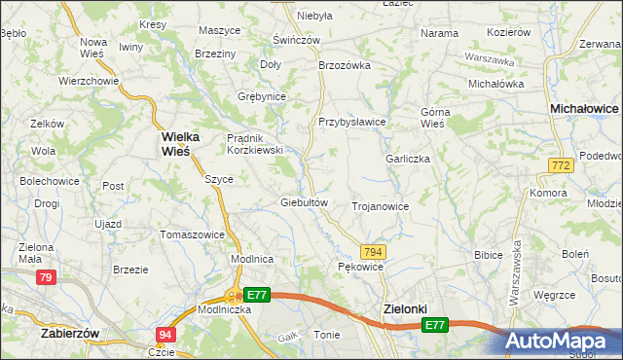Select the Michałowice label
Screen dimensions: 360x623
(x=584, y=110)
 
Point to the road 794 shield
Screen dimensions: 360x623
(x=374, y=251)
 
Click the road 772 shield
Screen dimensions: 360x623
(x=559, y=167)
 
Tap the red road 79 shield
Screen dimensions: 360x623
(x=45, y=278)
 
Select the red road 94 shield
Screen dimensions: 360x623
(x=165, y=335)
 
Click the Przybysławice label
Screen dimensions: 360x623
(x=352, y=122)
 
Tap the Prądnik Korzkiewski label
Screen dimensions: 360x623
(x=254, y=144)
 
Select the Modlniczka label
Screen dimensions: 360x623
(x=225, y=308)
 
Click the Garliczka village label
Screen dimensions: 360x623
(x=408, y=159)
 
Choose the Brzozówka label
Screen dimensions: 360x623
(x=346, y=65)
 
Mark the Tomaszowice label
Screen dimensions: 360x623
(x=193, y=234)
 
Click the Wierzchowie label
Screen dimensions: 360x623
(x=89, y=81)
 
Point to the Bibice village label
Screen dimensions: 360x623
(x=488, y=255)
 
